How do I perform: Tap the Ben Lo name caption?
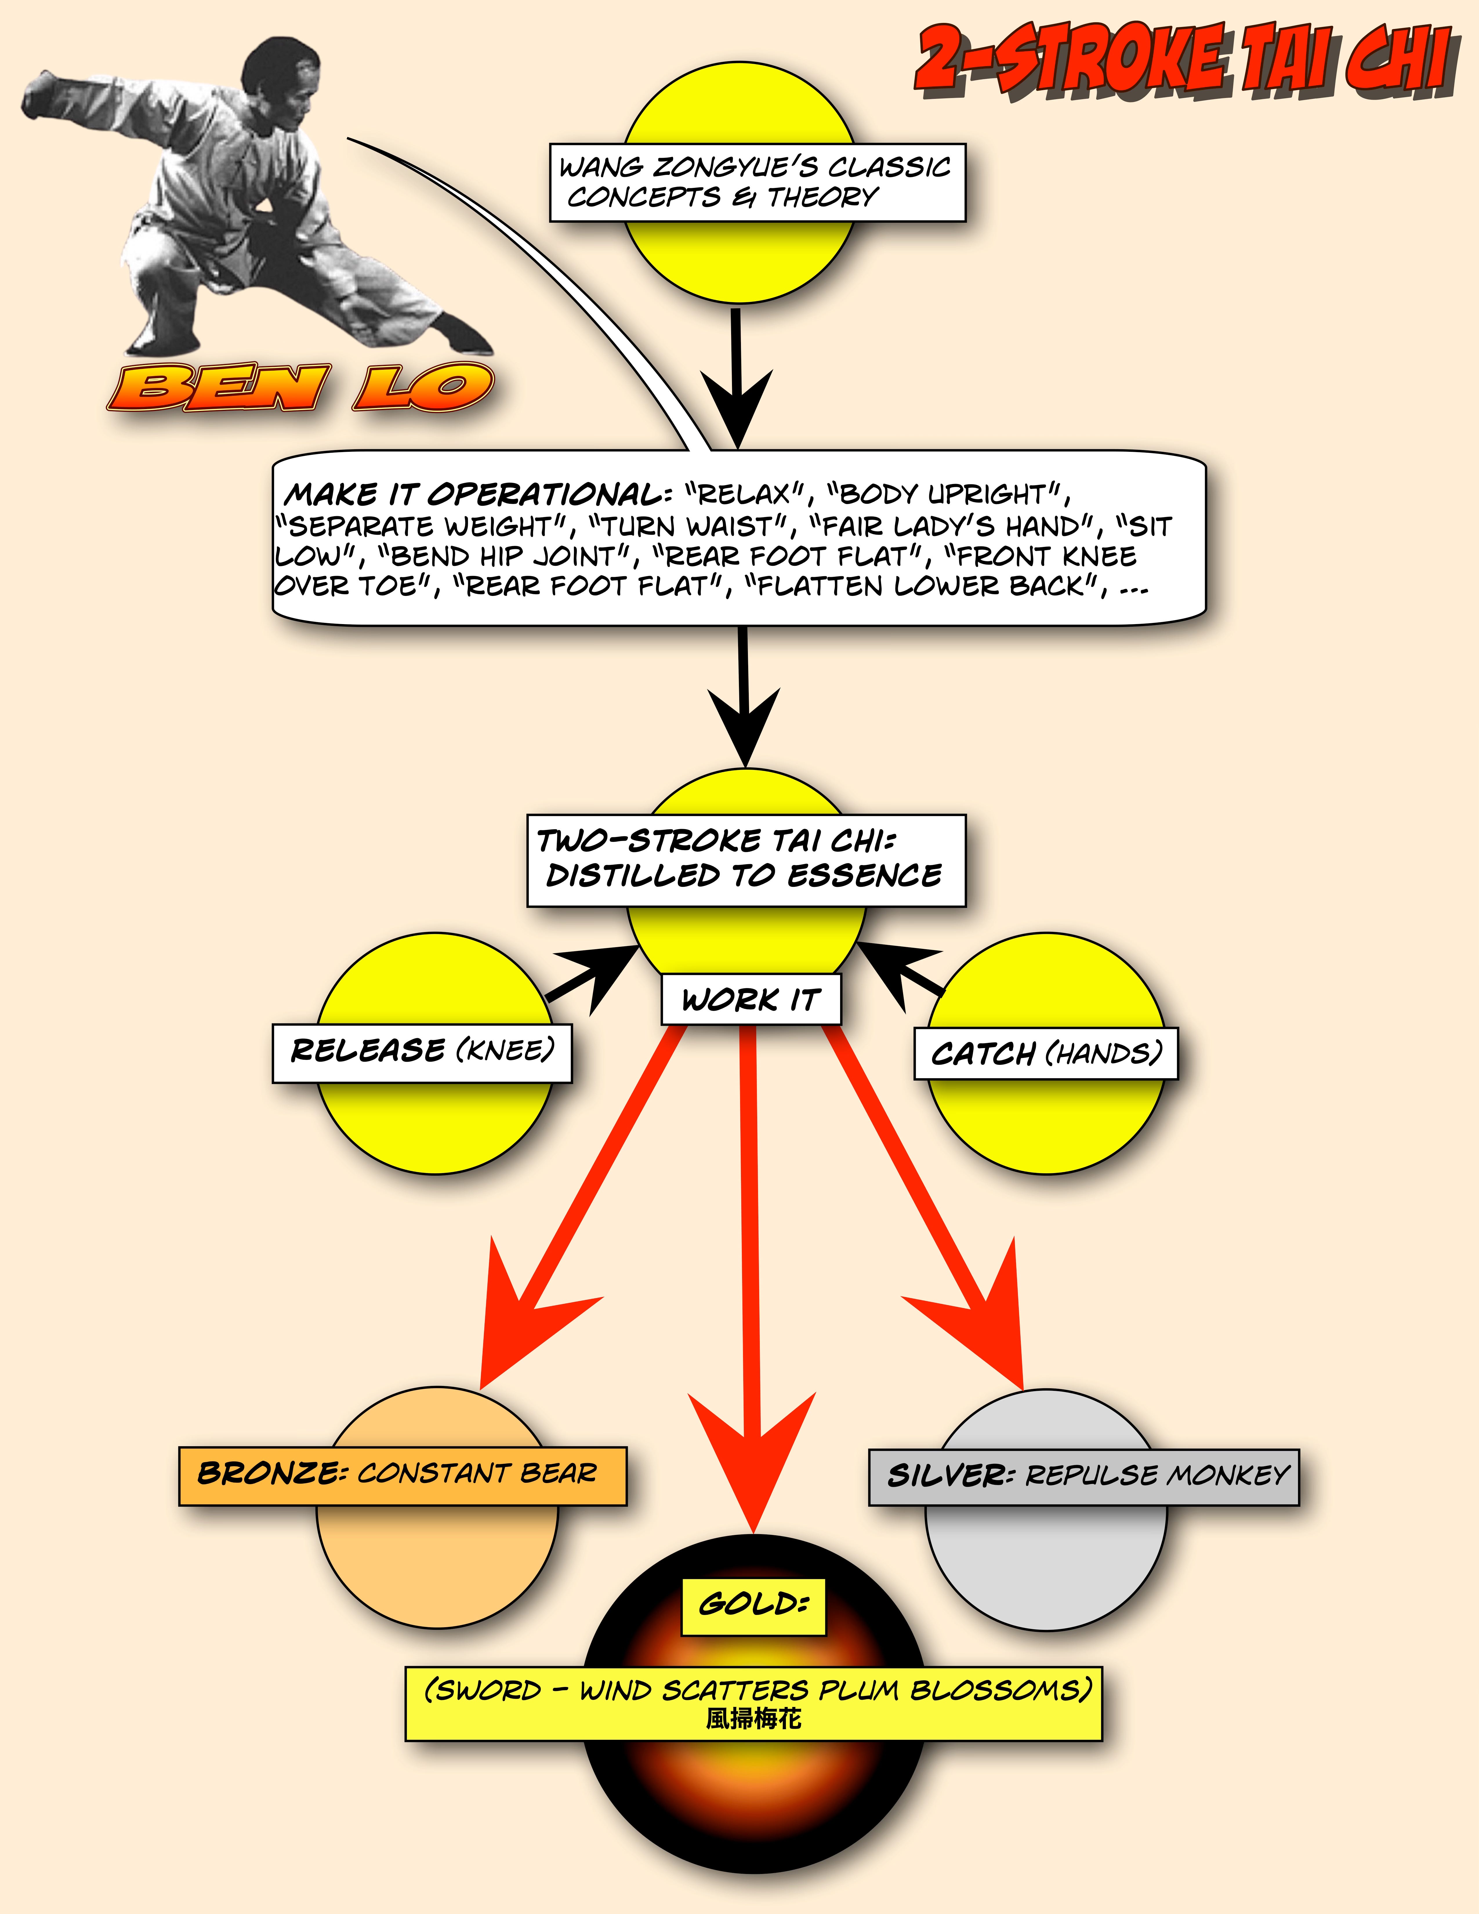pyautogui.click(x=300, y=387)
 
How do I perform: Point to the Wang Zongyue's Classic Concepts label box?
pyautogui.click(x=757, y=182)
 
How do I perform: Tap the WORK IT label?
pyautogui.click(x=750, y=999)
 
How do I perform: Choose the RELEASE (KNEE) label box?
pyautogui.click(x=421, y=1052)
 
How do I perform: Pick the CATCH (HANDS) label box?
pyautogui.click(x=1045, y=1053)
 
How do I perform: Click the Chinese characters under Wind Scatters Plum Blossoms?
pyautogui.click(x=753, y=1719)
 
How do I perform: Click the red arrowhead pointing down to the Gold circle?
pyautogui.click(x=752, y=1464)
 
